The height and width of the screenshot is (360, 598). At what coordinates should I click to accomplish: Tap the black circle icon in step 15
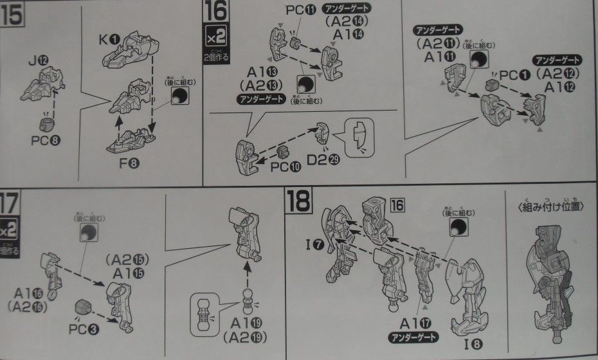pos(181,96)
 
